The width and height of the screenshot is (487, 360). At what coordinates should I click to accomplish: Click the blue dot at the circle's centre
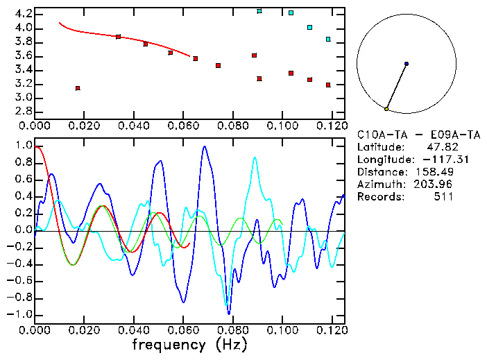tap(407, 64)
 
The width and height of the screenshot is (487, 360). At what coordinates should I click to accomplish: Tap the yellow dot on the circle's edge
tap(386, 109)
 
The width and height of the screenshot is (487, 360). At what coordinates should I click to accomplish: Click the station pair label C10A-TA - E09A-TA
tap(418, 134)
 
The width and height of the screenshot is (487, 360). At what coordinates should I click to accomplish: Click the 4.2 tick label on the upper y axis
tap(23, 14)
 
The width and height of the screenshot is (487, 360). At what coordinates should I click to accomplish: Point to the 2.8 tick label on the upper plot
tap(23, 111)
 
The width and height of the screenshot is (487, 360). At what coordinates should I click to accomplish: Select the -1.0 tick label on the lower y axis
tap(20, 314)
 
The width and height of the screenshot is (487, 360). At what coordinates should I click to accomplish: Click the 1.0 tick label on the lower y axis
tap(23, 146)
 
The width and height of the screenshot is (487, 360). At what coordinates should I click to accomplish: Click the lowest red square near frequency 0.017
tap(78, 88)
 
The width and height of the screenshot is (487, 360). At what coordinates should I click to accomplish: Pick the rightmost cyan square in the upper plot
tap(328, 40)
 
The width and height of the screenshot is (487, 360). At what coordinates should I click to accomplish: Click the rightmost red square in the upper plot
tap(328, 85)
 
